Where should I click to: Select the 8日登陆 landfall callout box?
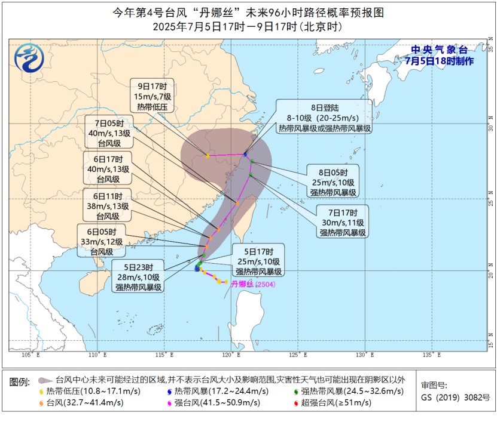point(325,118)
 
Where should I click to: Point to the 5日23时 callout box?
point(139,277)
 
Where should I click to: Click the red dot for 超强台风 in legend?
point(298,403)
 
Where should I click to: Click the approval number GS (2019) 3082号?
point(447,397)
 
